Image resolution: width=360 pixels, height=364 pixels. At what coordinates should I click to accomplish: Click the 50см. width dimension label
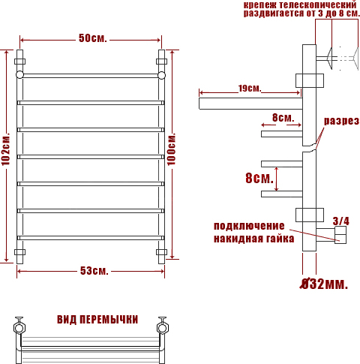[x=93, y=38]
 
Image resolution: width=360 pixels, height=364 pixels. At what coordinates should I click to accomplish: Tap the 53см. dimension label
[x=94, y=271]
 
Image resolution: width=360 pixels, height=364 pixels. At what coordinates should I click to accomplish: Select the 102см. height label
[x=6, y=149]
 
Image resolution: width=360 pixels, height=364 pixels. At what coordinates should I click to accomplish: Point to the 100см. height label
[x=172, y=149]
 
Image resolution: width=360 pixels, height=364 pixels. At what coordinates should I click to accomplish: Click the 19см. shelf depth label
[x=250, y=88]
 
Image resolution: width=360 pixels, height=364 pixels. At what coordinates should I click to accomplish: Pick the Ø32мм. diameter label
[x=324, y=284]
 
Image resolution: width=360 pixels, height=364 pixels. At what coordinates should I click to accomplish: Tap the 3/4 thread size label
[x=340, y=221]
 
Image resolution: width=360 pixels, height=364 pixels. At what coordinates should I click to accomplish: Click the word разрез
[x=341, y=122]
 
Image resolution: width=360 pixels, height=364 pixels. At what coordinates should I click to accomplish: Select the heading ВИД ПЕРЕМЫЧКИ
[x=97, y=320]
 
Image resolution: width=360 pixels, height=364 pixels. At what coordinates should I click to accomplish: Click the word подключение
[x=249, y=226]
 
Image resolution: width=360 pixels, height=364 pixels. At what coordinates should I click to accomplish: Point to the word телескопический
[x=317, y=5]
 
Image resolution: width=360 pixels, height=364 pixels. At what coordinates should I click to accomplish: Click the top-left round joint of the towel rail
[x=19, y=75]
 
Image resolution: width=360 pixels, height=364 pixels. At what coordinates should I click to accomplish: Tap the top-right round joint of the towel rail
[x=161, y=75]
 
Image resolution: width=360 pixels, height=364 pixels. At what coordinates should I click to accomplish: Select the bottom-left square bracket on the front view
[x=19, y=252]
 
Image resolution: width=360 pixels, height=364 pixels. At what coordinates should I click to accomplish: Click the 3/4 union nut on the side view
[x=340, y=235]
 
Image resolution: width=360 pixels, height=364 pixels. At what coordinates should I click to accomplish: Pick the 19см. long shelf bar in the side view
[x=250, y=104]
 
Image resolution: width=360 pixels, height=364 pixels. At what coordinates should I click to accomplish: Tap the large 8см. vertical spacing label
[x=259, y=179]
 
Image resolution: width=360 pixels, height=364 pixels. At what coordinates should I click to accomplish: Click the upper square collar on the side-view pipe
[x=310, y=80]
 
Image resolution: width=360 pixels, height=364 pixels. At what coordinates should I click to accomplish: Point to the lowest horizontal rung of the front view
[x=91, y=238]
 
